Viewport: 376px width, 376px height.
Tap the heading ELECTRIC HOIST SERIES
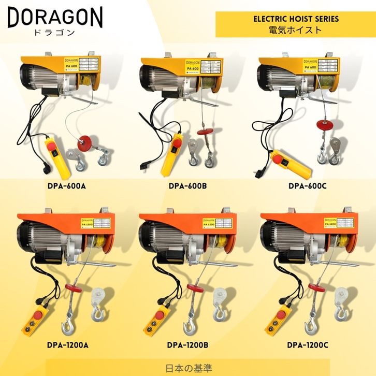pyautogui.click(x=296, y=19)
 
